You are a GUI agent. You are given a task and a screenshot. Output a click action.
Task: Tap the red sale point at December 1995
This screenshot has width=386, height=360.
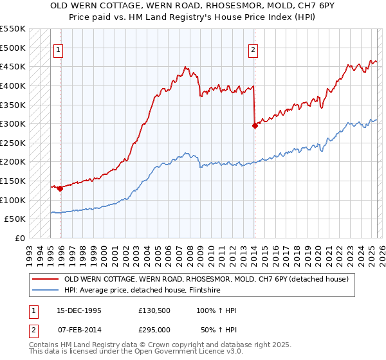(60, 188)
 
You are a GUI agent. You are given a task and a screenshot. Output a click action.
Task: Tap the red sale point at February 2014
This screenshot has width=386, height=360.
(255, 125)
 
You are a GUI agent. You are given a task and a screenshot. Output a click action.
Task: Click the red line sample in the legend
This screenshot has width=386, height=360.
(46, 279)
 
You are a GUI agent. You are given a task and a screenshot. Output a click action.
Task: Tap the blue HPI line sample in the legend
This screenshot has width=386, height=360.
(46, 290)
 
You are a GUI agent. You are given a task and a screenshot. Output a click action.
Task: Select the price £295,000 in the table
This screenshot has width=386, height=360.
(154, 329)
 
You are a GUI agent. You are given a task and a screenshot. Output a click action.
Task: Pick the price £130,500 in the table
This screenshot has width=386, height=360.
(154, 310)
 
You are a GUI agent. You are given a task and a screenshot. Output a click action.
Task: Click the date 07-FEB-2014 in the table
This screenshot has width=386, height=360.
(77, 329)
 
